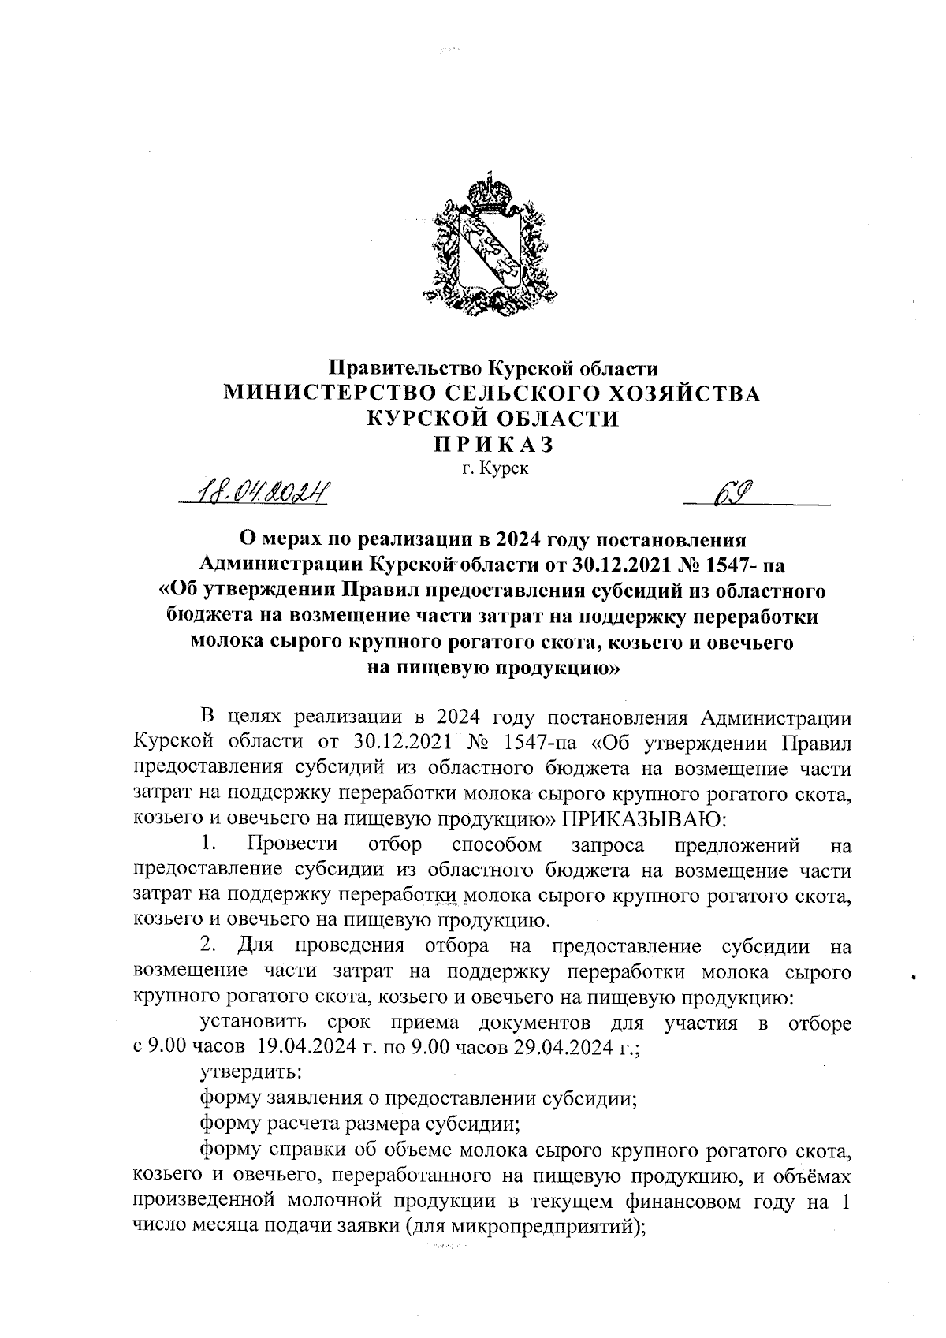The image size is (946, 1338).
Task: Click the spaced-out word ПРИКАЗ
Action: point(493,445)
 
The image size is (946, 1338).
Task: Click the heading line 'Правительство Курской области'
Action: point(493,367)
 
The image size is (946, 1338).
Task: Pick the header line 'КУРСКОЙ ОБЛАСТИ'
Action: point(493,419)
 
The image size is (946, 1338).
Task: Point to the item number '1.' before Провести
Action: point(208,844)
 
